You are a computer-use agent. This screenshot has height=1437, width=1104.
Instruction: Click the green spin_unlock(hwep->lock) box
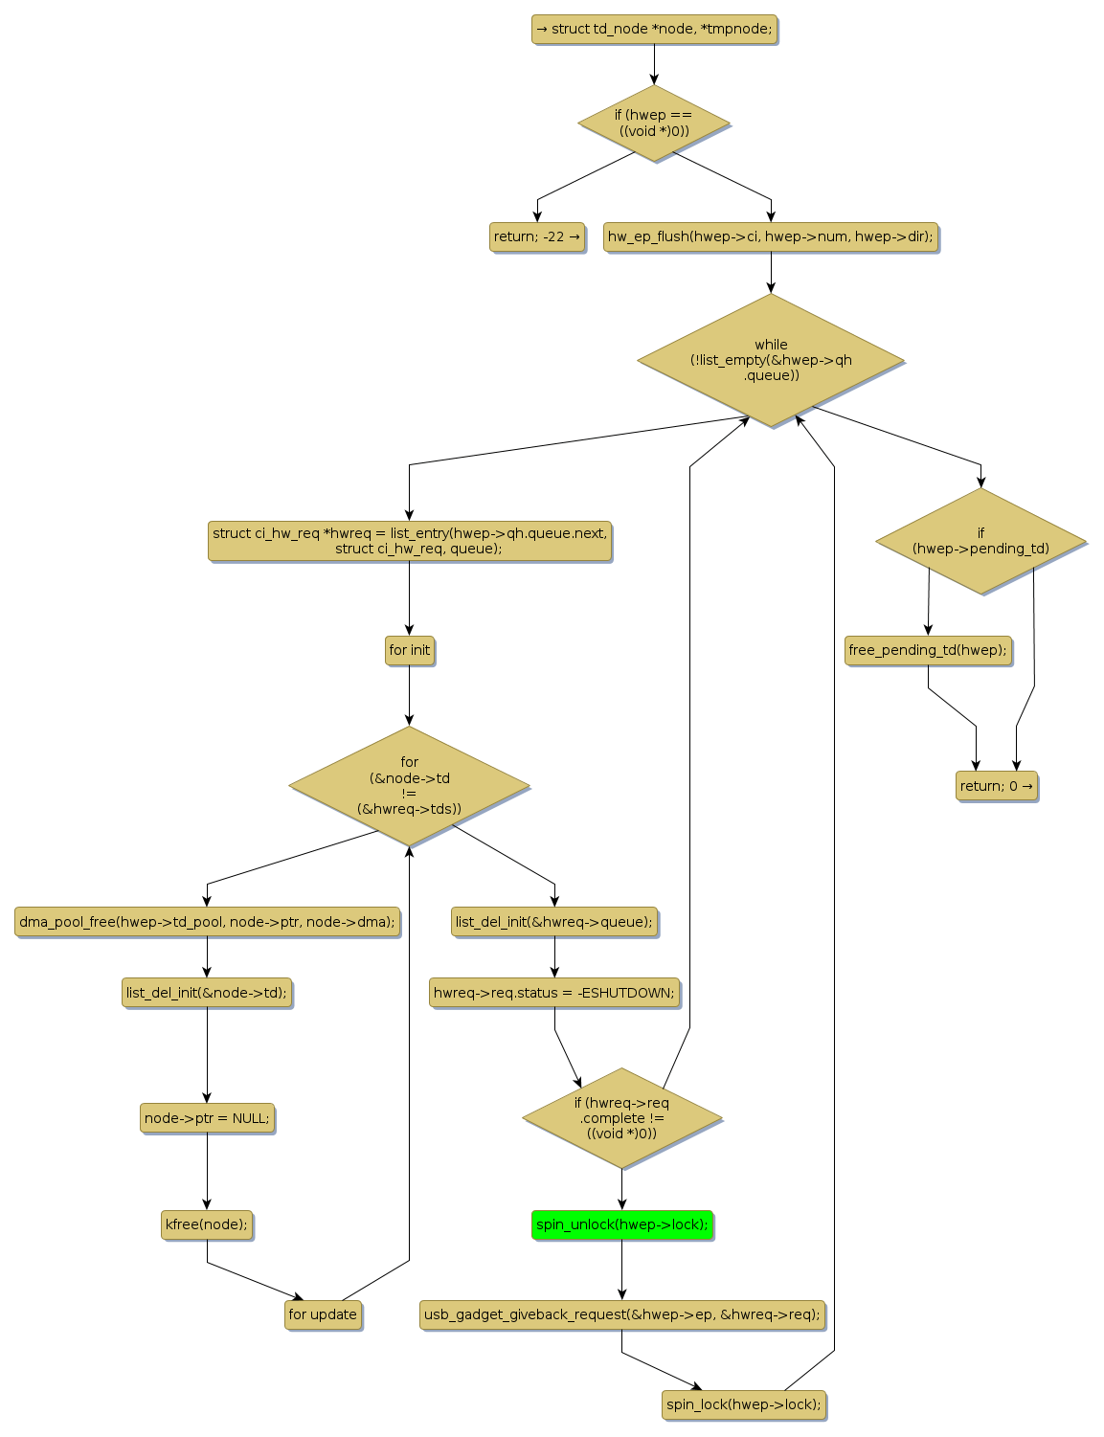coord(621,1224)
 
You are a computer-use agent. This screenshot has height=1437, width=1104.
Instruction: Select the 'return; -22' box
coord(537,236)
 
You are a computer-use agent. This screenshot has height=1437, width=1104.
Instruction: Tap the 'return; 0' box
coord(996,786)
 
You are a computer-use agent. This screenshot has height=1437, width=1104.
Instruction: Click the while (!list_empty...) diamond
coord(771,360)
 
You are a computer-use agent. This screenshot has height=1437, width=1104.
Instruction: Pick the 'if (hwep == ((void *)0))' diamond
coord(654,123)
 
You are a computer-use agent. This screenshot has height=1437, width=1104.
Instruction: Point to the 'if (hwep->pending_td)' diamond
coord(980,541)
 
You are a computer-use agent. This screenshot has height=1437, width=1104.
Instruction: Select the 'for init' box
coord(409,650)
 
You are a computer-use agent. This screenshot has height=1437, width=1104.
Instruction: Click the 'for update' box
coord(323,1314)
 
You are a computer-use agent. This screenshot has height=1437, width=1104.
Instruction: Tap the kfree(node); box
coord(207,1224)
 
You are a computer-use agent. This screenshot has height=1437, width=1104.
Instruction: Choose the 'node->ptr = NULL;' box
coord(207,1118)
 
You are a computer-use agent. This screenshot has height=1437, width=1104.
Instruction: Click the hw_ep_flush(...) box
coord(771,236)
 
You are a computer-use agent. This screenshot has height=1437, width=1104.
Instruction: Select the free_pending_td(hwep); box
coord(928,650)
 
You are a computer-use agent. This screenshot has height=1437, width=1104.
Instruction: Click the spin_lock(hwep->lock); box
coord(743,1404)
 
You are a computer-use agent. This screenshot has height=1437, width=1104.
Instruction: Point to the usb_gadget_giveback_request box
coord(621,1314)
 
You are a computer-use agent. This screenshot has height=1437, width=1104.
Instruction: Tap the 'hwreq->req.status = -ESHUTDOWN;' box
coord(554,993)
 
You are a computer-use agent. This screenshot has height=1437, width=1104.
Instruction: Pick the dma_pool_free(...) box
coord(207,922)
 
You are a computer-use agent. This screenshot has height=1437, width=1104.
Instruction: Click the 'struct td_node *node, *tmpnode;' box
coord(654,29)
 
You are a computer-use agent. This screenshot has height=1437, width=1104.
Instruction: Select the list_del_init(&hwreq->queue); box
coord(554,922)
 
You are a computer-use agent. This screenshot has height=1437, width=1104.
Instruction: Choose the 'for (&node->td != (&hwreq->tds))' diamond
coord(409,786)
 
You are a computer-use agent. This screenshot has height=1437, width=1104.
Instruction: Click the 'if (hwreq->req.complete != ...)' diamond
coord(621,1118)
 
